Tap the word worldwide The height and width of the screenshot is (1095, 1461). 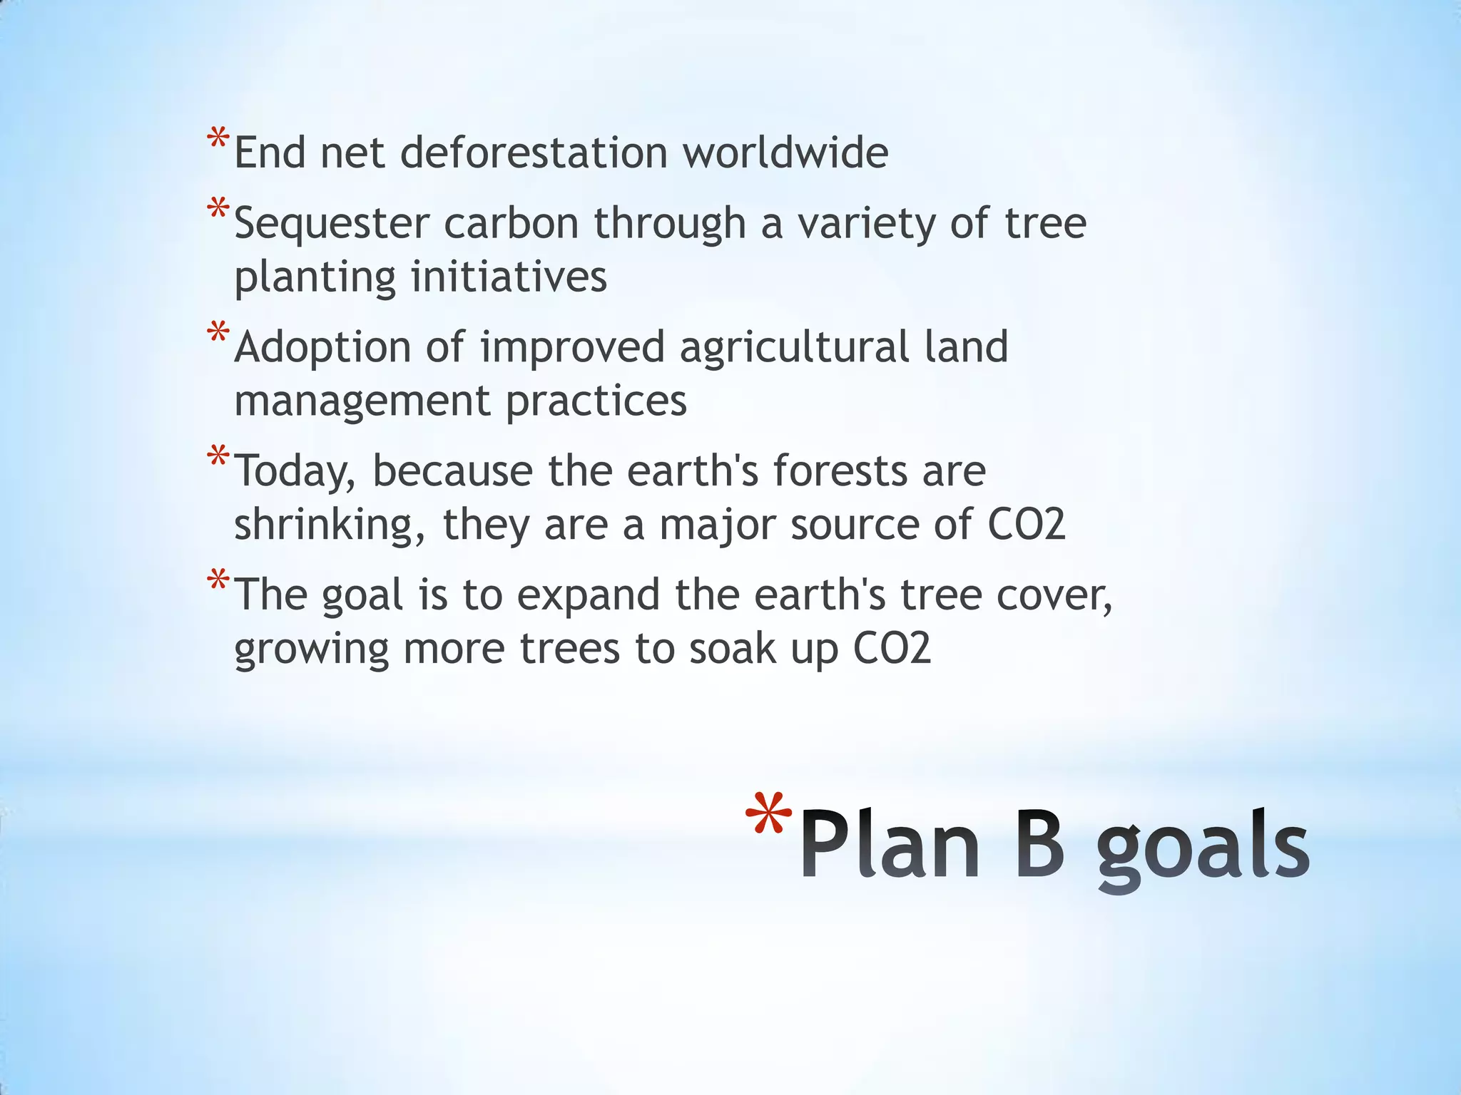pos(785,153)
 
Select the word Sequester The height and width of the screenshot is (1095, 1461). pos(332,223)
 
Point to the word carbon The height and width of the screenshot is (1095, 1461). pos(511,223)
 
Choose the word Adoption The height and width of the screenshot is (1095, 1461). pos(322,348)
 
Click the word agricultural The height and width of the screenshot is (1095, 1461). pos(793,348)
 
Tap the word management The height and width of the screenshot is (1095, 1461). pos(362,401)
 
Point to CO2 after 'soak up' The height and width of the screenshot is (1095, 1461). pos(892,649)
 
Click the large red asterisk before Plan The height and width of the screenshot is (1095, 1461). pos(768,815)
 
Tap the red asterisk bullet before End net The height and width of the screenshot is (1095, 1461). pos(218,138)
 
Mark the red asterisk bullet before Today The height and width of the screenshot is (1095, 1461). pos(218,456)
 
